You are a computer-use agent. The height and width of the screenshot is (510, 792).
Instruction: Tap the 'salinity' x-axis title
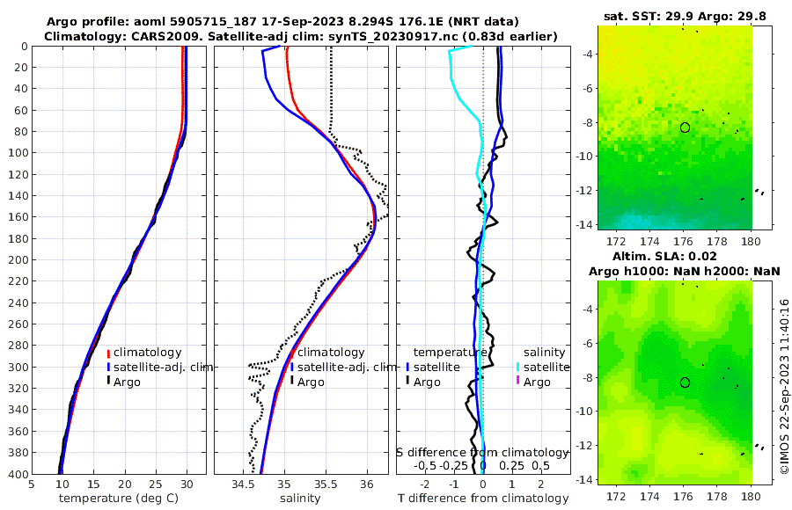click(x=300, y=499)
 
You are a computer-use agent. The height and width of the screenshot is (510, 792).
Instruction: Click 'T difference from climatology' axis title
click(x=484, y=499)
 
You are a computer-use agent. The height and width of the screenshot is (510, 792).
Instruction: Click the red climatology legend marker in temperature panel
click(x=109, y=353)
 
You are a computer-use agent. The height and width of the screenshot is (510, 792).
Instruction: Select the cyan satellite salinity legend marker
click(x=517, y=367)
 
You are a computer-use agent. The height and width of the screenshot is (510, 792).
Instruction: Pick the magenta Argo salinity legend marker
click(x=517, y=382)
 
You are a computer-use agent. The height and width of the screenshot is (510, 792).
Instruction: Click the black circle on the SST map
click(x=685, y=127)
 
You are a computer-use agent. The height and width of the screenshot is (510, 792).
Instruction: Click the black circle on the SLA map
click(x=685, y=382)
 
